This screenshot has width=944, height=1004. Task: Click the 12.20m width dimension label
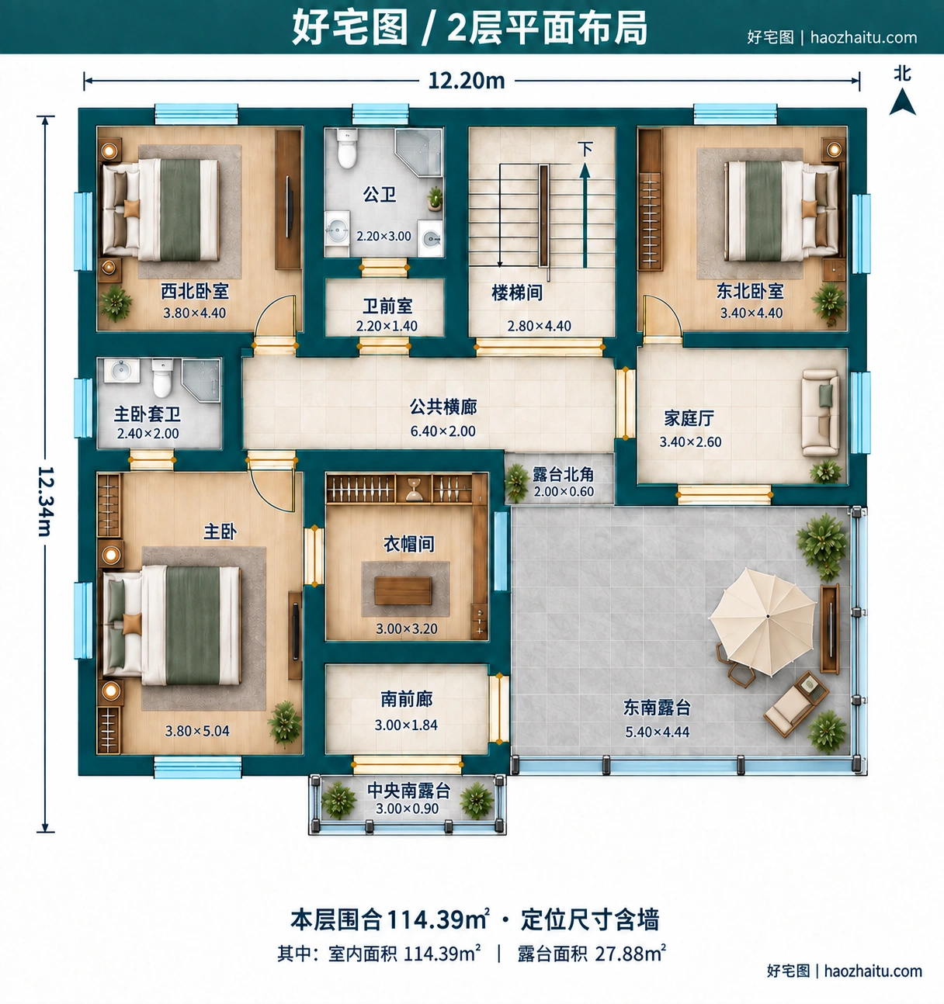[467, 81]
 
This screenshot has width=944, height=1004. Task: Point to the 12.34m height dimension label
[46, 501]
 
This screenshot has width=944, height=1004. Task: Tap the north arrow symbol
[903, 102]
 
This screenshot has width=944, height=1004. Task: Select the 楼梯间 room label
[517, 293]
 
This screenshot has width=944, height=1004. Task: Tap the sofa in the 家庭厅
[820, 413]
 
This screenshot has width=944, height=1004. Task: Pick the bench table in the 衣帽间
[403, 590]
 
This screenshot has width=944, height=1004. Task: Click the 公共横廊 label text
[443, 407]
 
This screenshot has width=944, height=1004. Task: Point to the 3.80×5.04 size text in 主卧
[197, 731]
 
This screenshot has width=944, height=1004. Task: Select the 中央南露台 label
[409, 790]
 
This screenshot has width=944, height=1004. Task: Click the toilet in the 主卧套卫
[162, 378]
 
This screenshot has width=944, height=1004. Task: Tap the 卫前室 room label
[387, 306]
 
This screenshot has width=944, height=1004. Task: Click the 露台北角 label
[563, 474]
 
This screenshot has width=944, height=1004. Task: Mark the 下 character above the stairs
[585, 149]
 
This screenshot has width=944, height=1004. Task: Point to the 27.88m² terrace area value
[630, 954]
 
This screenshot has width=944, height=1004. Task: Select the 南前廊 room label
[407, 699]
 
